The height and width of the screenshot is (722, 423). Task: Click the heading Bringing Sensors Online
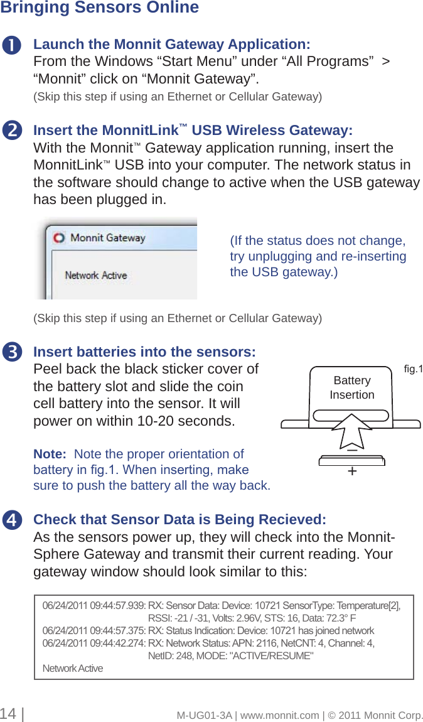click(x=99, y=8)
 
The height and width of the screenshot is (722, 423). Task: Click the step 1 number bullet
click(x=11, y=46)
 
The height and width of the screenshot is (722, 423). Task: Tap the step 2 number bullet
click(x=11, y=131)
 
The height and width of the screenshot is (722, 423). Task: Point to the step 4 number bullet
click(x=11, y=520)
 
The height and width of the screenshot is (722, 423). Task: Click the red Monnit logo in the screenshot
click(x=58, y=239)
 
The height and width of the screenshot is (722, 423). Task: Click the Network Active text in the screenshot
click(x=96, y=275)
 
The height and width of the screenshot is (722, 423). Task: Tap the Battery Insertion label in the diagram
click(x=352, y=387)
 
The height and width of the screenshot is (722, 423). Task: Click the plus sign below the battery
click(x=352, y=471)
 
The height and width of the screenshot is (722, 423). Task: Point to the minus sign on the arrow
click(x=352, y=450)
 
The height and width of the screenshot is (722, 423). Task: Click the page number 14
click(x=8, y=714)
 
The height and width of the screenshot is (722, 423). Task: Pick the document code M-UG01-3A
click(x=204, y=715)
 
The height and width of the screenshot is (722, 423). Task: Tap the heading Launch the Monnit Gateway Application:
click(x=171, y=45)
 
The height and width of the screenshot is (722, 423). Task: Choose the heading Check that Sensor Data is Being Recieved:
click(x=179, y=520)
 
